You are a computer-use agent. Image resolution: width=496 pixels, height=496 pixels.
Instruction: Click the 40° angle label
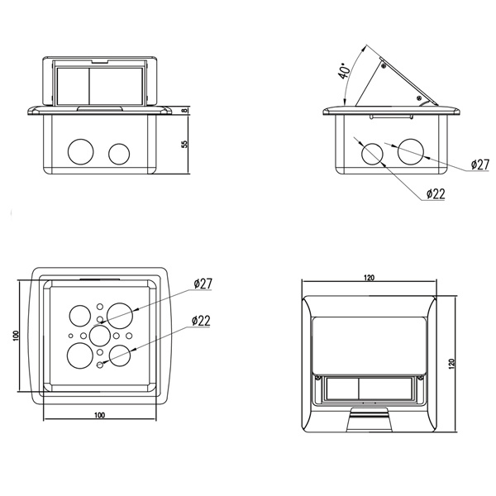pyautogui.click(x=344, y=71)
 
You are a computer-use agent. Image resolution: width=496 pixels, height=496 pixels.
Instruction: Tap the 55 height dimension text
pyautogui.click(x=184, y=144)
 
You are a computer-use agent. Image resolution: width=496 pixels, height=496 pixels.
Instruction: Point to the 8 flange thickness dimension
pyautogui.click(x=185, y=110)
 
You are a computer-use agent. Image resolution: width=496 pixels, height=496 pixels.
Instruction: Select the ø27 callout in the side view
pyautogui.click(x=479, y=165)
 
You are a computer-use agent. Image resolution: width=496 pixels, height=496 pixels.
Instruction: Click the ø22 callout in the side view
pyautogui.click(x=436, y=193)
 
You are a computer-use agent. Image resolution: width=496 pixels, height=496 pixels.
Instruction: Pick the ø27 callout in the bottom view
pyautogui.click(x=203, y=284)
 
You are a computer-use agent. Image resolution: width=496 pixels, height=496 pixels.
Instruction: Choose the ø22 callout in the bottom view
pyautogui.click(x=201, y=321)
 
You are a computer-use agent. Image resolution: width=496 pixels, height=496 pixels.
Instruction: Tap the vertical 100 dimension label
pyautogui.click(x=17, y=336)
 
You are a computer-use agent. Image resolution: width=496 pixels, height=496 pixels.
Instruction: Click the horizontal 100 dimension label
pyautogui.click(x=99, y=415)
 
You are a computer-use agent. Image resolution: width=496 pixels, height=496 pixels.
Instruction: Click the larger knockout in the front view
pyautogui.click(x=81, y=152)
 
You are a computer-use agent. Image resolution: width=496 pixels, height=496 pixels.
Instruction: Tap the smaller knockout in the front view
pyautogui.click(x=119, y=155)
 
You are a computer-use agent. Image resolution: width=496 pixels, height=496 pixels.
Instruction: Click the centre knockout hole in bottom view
pyautogui.click(x=100, y=336)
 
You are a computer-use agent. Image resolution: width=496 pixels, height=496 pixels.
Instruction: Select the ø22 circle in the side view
pyautogui.click(x=372, y=154)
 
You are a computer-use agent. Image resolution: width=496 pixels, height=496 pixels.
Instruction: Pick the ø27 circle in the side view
pyautogui.click(x=411, y=151)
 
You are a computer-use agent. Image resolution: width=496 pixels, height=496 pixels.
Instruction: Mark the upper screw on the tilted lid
pyautogui.click(x=384, y=66)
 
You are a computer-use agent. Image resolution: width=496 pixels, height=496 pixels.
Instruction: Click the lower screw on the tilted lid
pyautogui.click(x=419, y=98)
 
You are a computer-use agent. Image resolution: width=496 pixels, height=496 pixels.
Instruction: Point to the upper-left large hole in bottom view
pyautogui.click(x=80, y=316)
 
